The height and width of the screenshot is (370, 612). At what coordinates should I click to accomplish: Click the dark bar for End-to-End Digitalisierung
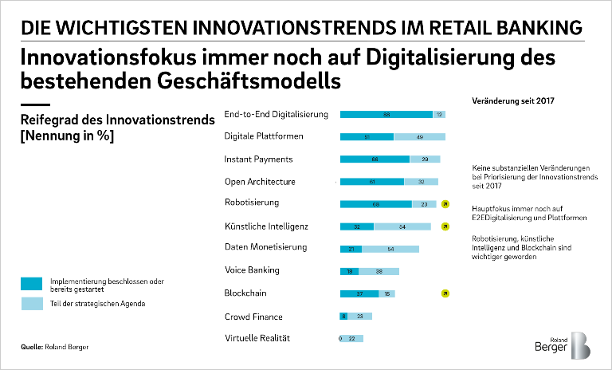point(386,114)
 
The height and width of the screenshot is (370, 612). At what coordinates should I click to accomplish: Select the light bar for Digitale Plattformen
point(420,136)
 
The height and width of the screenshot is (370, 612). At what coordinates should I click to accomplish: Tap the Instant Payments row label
point(258,159)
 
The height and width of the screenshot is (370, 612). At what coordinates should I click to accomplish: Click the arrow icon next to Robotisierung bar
point(445,204)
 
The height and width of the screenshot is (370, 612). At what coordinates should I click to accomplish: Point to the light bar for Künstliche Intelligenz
point(402,226)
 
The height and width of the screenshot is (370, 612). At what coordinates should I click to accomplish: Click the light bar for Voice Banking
point(379,271)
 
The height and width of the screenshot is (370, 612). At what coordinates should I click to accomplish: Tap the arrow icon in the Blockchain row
point(445,293)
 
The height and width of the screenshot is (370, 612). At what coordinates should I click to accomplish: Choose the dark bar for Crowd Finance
point(343,316)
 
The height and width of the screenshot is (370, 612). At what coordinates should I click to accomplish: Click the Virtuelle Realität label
point(257,338)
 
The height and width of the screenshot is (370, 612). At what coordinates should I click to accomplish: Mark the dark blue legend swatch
point(32,283)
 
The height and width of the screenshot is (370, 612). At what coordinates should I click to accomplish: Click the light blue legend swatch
point(32,304)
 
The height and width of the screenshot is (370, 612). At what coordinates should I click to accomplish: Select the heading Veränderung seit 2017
point(513,101)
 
